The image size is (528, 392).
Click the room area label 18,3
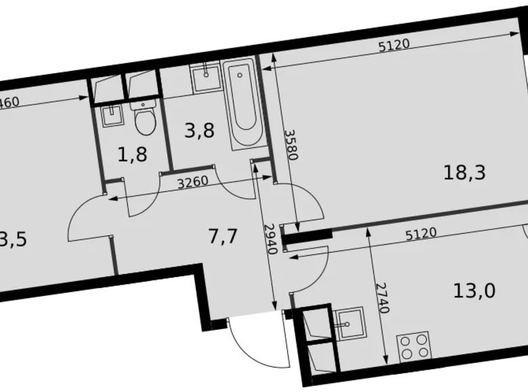[464, 173]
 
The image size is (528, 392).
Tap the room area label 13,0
[474, 291]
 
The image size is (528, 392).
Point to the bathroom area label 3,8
[199, 130]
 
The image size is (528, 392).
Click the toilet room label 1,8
[132, 154]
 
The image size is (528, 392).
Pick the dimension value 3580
[290, 144]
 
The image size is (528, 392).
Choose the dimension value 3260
[192, 183]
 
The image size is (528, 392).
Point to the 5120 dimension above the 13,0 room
[420, 233]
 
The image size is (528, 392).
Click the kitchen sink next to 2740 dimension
[349, 323]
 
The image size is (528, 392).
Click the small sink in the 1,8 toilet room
[110, 116]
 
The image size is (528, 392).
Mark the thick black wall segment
[307, 236]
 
